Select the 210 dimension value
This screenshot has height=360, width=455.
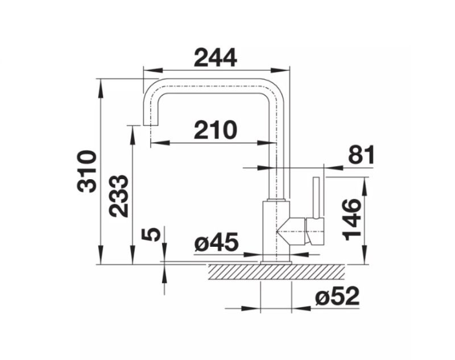(216, 130)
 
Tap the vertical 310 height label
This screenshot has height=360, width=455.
(86, 171)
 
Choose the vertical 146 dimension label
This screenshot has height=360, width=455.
(352, 220)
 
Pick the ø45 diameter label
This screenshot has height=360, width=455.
(216, 242)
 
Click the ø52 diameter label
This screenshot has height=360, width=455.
(337, 296)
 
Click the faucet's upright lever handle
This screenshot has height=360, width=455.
(316, 197)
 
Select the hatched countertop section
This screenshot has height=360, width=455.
(276, 272)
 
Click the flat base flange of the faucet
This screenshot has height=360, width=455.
(276, 263)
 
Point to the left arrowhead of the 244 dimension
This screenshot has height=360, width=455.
(152, 70)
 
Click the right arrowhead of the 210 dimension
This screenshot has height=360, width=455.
(266, 143)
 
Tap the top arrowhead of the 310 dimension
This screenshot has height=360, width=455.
(101, 88)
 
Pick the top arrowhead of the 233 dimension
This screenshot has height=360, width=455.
(133, 135)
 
